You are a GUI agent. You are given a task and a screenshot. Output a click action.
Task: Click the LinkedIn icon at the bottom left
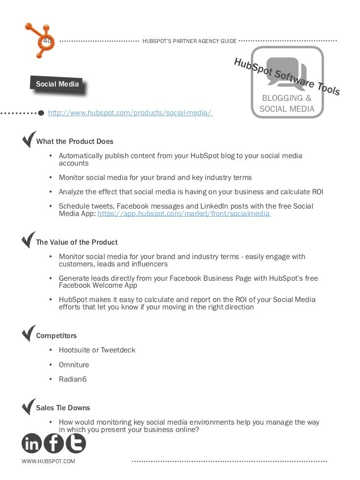(32, 443)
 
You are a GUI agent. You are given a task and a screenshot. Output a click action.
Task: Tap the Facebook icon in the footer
(53, 443)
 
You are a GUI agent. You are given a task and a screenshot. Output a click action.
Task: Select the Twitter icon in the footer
(75, 443)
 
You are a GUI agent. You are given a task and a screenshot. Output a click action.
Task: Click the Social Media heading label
(57, 85)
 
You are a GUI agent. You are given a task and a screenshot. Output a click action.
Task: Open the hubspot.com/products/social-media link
(130, 113)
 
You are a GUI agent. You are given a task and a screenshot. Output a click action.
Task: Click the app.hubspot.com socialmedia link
(184, 214)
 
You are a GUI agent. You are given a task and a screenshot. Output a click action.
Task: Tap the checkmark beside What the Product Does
(29, 139)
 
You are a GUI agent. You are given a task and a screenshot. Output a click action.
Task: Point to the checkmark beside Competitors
(29, 333)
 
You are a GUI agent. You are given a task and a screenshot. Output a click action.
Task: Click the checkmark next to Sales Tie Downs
(29, 406)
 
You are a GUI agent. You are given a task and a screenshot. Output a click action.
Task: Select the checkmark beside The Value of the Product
(29, 240)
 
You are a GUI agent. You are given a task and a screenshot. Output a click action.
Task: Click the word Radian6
(73, 380)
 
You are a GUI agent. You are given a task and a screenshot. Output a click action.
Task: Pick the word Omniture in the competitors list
(74, 365)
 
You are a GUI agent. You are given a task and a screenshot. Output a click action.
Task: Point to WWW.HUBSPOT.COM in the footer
(48, 462)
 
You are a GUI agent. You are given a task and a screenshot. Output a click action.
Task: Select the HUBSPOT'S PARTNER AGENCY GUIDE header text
(189, 41)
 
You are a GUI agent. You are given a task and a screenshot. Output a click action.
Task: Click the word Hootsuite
(75, 350)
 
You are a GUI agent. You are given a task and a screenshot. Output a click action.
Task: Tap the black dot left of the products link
(42, 113)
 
